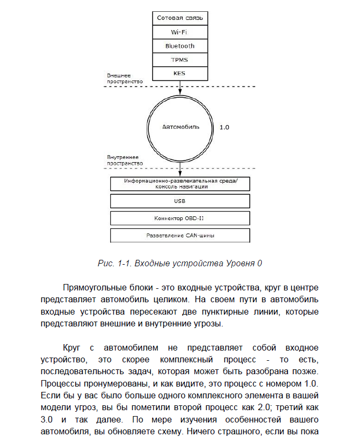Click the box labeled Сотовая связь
180,18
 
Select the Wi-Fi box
180,32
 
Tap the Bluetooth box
180,46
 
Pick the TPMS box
180,59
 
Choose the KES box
180,72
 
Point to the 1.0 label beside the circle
225,128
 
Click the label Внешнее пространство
125,78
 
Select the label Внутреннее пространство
125,159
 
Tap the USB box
180,201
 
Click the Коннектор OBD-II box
180,218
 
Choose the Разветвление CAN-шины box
180,235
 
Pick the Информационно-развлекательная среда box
180,184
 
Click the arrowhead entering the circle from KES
180,92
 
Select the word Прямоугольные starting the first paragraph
93,287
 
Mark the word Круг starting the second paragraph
73,347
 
